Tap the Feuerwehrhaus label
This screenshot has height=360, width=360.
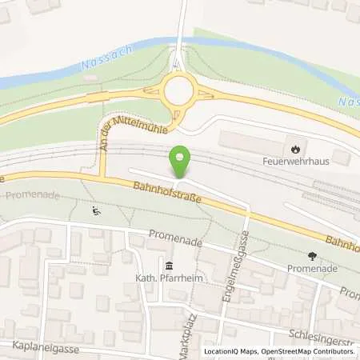[296, 159]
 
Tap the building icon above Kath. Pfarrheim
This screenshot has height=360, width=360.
[168, 266]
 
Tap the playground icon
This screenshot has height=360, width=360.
[96, 212]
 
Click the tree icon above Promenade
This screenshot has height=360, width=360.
[311, 256]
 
